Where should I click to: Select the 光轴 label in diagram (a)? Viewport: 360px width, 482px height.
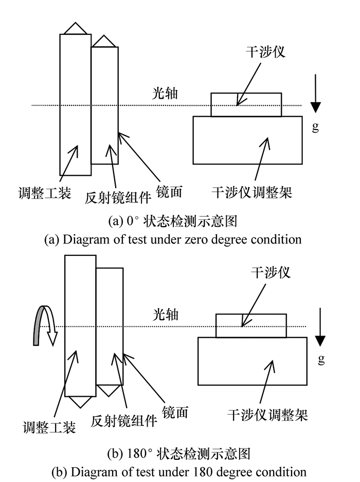pos(165,94)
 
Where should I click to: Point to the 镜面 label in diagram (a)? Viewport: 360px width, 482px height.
pos(170,192)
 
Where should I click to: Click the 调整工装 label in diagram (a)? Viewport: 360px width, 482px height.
pos(45,193)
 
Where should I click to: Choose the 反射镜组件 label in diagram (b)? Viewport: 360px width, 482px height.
pos(124,420)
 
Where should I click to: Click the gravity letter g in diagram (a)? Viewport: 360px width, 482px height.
pos(315,126)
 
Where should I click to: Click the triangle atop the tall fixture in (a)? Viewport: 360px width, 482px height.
pos(75,29)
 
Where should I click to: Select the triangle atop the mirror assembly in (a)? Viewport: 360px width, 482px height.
pos(104,42)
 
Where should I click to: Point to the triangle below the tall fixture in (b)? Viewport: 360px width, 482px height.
pos(80,402)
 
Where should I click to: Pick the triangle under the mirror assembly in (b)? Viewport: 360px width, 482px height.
pos(109,390)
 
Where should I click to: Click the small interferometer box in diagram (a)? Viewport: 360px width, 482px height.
pos(246,104)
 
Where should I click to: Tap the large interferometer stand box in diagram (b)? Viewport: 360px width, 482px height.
pos(253,361)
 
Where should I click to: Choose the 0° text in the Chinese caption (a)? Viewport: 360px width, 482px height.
pos(133,221)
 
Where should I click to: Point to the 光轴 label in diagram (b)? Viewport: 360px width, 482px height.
pos(166,315)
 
